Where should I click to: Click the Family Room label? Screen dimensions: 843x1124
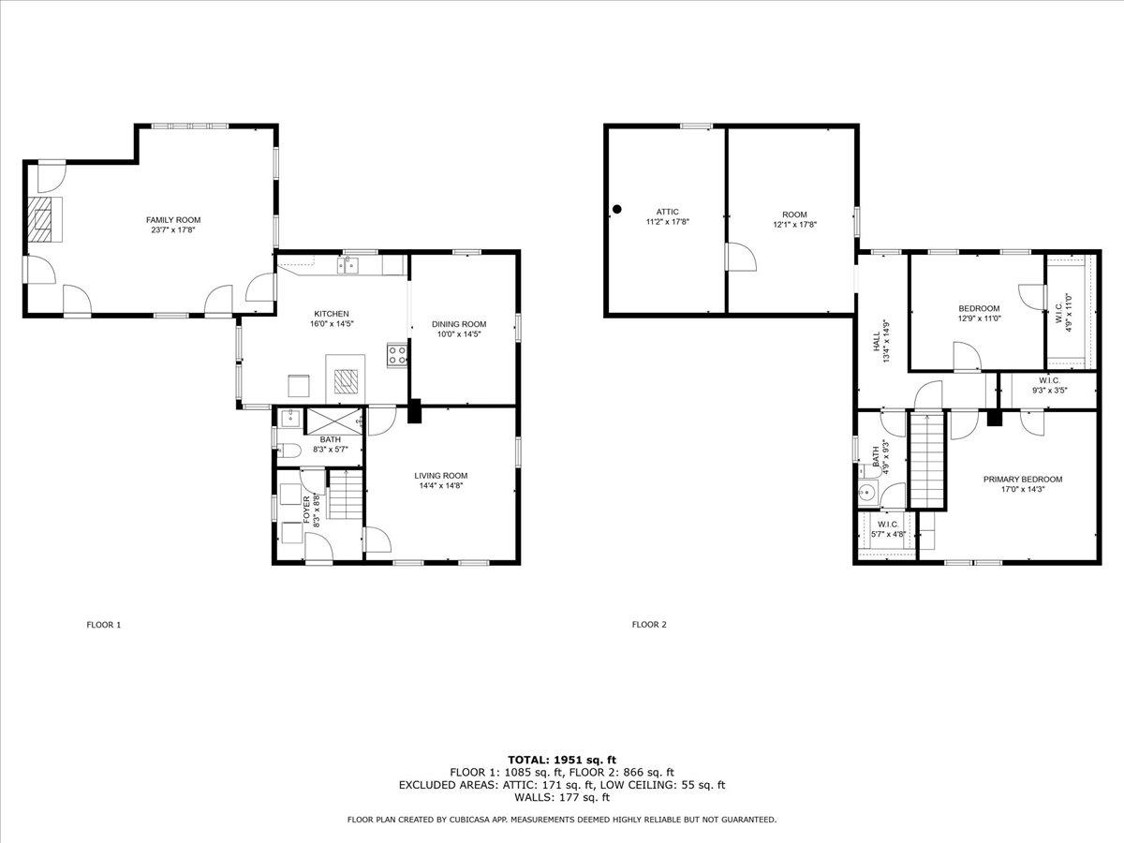click(x=173, y=220)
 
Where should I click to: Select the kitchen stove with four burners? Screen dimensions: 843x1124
click(x=397, y=355)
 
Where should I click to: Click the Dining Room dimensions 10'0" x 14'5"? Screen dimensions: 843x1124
click(x=459, y=334)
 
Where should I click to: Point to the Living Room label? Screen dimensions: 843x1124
click(x=440, y=475)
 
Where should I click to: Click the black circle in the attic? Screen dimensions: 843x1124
click(x=616, y=210)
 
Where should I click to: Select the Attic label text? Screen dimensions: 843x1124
click(x=667, y=212)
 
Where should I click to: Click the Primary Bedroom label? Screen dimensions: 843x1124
click(x=1023, y=480)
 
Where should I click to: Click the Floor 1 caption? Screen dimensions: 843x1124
click(x=104, y=625)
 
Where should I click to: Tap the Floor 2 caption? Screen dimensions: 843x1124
click(x=649, y=625)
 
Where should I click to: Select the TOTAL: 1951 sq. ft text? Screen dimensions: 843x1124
click(x=562, y=759)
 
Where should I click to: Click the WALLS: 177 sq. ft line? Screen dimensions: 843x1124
click(x=562, y=798)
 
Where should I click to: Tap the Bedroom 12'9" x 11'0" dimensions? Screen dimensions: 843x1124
click(x=979, y=319)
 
